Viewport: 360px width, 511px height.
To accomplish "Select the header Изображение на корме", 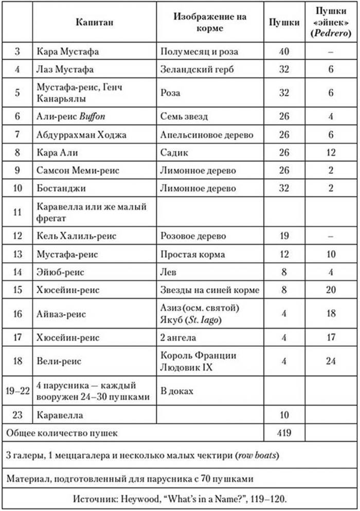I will click(209, 22).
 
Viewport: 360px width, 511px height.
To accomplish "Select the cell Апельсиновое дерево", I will click(207, 134).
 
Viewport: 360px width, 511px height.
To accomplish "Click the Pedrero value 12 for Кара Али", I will click(331, 152).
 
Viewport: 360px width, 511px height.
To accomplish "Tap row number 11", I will click(17, 211).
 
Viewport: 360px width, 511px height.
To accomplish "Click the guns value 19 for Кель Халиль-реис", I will click(284, 236).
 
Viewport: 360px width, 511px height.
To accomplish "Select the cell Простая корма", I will click(191, 254).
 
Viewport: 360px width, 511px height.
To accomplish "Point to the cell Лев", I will click(168, 271).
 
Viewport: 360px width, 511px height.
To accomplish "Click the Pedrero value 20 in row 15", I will click(331, 289).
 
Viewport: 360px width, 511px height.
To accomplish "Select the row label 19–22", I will click(17, 391).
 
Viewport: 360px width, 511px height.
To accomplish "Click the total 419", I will click(284, 433).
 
